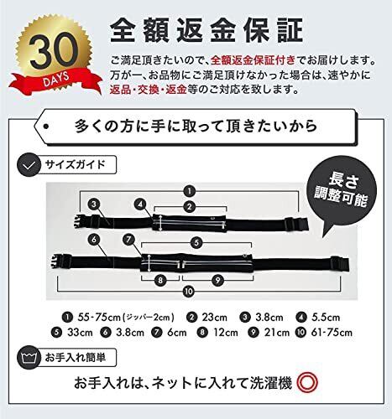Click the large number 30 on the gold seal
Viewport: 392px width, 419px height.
54,52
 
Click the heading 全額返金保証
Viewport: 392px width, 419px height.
206,30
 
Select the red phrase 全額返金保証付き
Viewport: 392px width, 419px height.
253,60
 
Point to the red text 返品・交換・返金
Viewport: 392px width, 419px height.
148,90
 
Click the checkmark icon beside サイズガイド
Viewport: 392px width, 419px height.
29,166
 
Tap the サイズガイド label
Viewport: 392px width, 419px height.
75,164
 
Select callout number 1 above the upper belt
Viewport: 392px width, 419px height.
190,191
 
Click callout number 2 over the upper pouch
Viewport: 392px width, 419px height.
190,207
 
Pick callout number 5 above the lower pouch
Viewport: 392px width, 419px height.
196,242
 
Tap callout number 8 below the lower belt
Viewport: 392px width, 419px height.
160,280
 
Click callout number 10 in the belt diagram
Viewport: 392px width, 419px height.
189,292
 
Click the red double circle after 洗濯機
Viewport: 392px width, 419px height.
307,383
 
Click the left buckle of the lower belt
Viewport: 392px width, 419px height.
60,261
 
